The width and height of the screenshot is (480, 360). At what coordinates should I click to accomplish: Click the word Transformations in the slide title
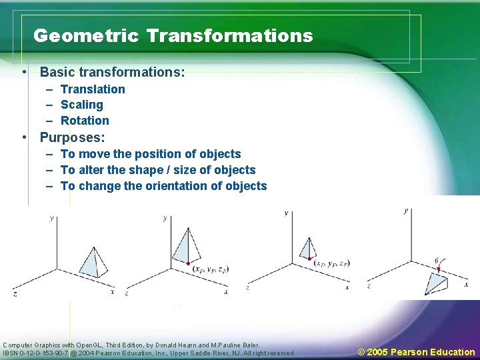coord(229,35)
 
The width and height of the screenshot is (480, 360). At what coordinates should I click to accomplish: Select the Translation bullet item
coord(93,89)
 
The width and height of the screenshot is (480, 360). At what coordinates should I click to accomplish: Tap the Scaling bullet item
coord(82,105)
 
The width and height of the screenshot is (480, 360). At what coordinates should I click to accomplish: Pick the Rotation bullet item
coord(85,121)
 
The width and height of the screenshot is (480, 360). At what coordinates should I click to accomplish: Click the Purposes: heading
coord(72,138)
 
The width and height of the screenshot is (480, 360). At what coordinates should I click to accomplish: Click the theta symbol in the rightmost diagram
coord(436,261)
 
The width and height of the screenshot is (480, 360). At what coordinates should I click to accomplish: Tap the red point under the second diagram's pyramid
coord(189,263)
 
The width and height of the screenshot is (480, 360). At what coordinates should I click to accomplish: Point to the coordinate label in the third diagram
coord(331,263)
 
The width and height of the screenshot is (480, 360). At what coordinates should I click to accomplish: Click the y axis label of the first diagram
coord(52,218)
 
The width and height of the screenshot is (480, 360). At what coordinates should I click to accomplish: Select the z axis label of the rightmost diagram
coord(369,285)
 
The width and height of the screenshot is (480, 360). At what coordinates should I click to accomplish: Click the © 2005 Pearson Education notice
coord(416,352)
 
